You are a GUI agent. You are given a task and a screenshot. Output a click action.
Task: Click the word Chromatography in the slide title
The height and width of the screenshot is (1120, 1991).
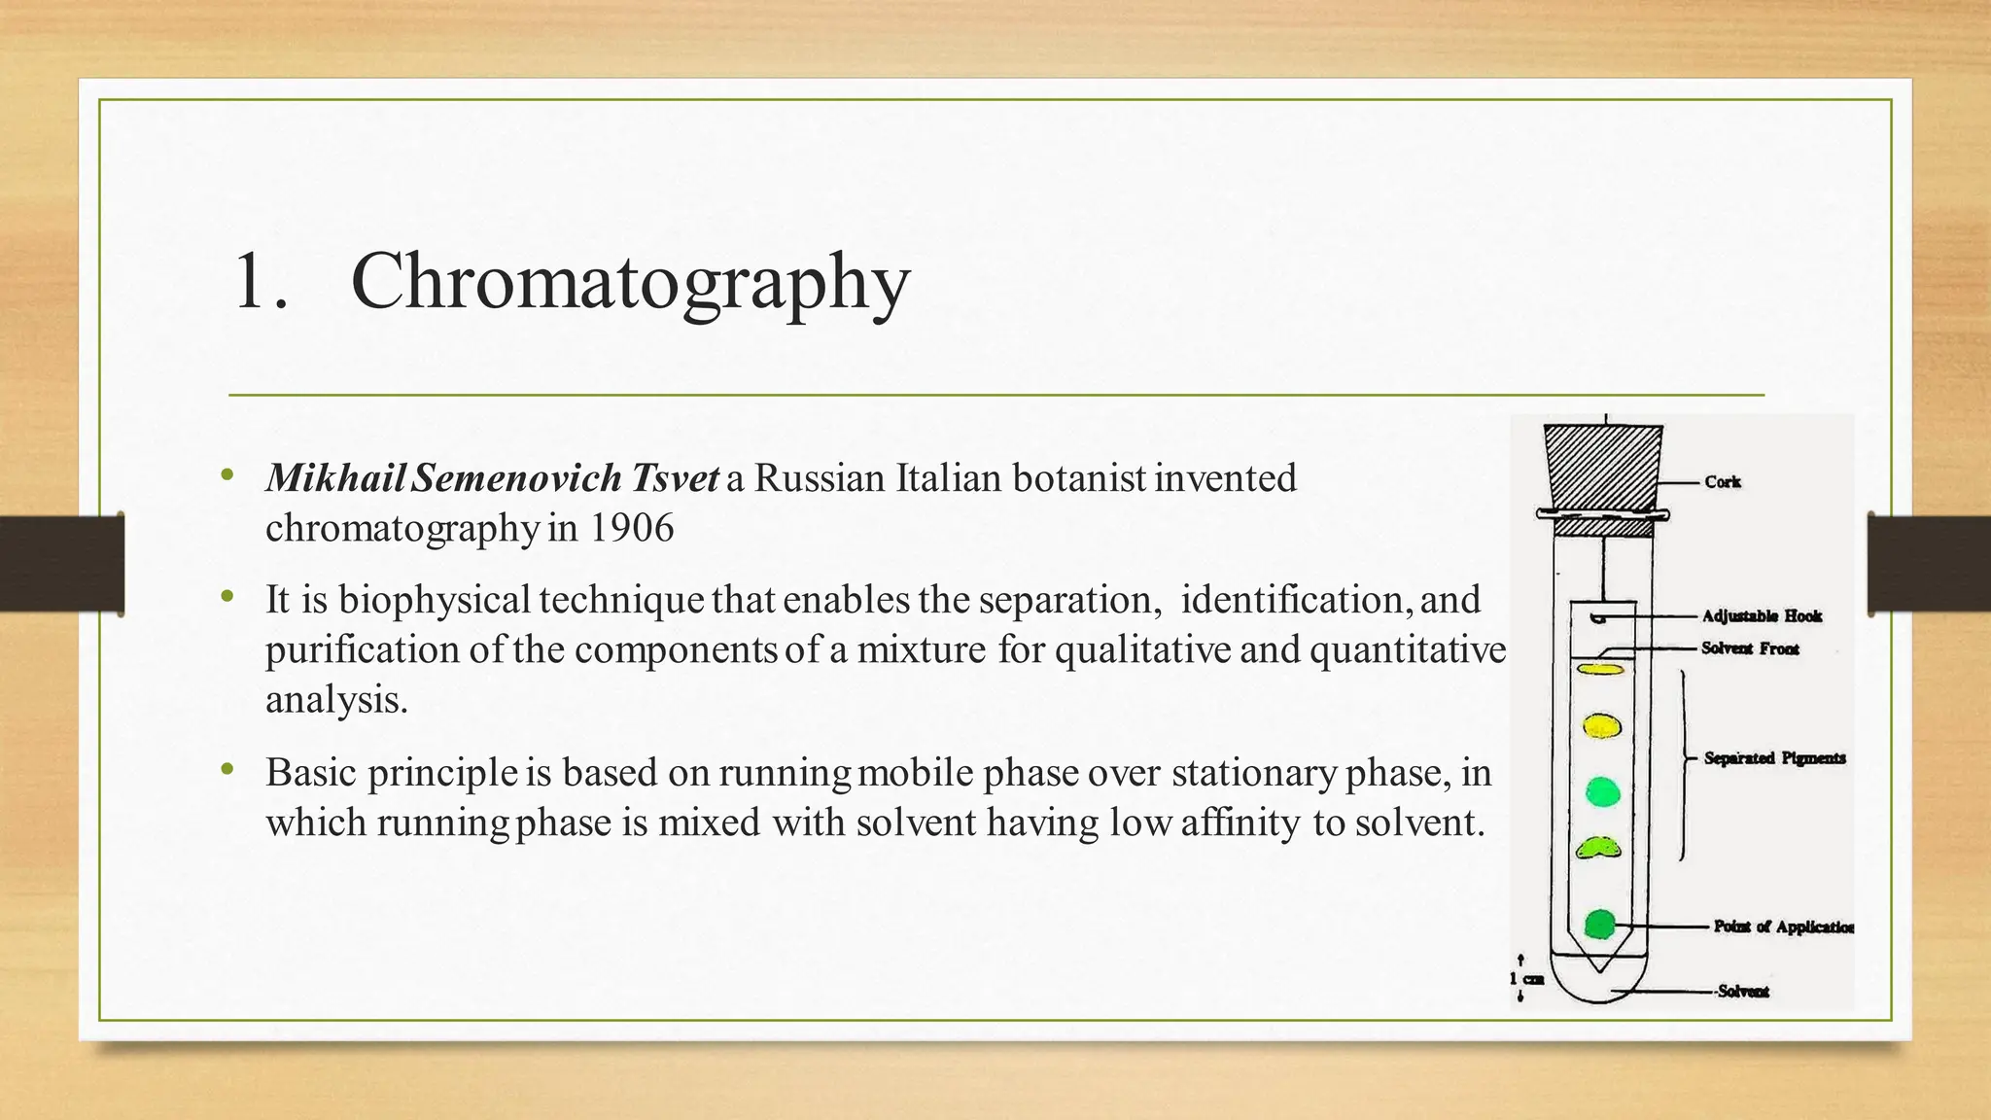pyautogui.click(x=630, y=282)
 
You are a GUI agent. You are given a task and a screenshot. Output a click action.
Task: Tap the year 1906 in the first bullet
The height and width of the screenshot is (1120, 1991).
pyautogui.click(x=631, y=528)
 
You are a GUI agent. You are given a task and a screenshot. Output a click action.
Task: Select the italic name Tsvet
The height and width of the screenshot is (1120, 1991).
pyautogui.click(x=676, y=478)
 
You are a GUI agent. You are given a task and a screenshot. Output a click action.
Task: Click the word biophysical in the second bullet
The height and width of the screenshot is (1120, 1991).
pyautogui.click(x=435, y=600)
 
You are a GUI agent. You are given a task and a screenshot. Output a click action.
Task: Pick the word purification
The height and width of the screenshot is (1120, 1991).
pyautogui.click(x=364, y=649)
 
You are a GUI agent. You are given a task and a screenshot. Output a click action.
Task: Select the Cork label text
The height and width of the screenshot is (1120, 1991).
pyautogui.click(x=1722, y=482)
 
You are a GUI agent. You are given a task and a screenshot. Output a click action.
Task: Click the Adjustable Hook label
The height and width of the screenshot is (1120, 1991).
pyautogui.click(x=1762, y=616)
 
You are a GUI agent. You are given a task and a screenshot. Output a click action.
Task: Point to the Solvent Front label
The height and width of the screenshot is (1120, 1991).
pyautogui.click(x=1750, y=648)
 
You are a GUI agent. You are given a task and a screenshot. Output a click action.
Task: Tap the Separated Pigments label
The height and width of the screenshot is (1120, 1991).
pyautogui.click(x=1774, y=758)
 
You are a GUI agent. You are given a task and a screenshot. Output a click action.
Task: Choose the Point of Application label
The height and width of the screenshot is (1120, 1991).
pyautogui.click(x=1783, y=927)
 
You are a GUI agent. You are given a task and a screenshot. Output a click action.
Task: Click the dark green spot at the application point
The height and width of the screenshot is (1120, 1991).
pyautogui.click(x=1600, y=925)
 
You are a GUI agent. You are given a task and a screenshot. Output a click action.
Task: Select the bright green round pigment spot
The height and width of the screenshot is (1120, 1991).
pyautogui.click(x=1603, y=792)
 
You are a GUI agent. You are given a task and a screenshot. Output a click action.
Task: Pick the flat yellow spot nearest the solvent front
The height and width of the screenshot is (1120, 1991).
pyautogui.click(x=1600, y=670)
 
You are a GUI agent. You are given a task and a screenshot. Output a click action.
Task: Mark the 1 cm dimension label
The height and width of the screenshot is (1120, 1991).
pyautogui.click(x=1526, y=978)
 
